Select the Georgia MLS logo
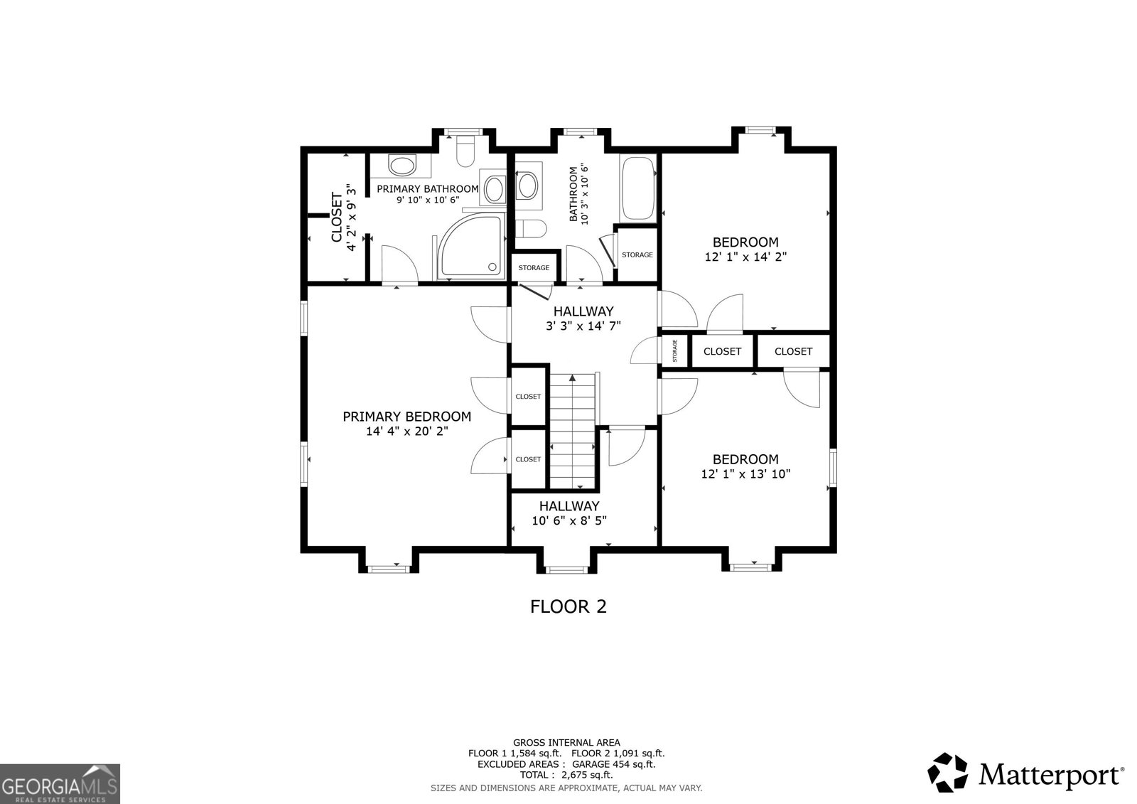[60, 783]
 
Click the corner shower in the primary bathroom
[472, 246]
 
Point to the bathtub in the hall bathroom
[639, 188]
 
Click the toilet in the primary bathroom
[465, 151]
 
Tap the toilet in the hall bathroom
[530, 229]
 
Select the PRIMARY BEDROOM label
[406, 417]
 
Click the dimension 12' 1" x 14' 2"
[745, 257]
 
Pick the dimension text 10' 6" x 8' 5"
[569, 520]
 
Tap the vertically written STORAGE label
[674, 351]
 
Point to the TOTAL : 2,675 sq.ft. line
[566, 775]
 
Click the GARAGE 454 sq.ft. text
[613, 764]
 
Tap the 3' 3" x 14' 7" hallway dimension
[583, 326]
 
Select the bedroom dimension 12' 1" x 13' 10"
[745, 474]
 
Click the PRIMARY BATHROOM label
[427, 189]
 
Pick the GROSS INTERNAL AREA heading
[566, 743]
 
